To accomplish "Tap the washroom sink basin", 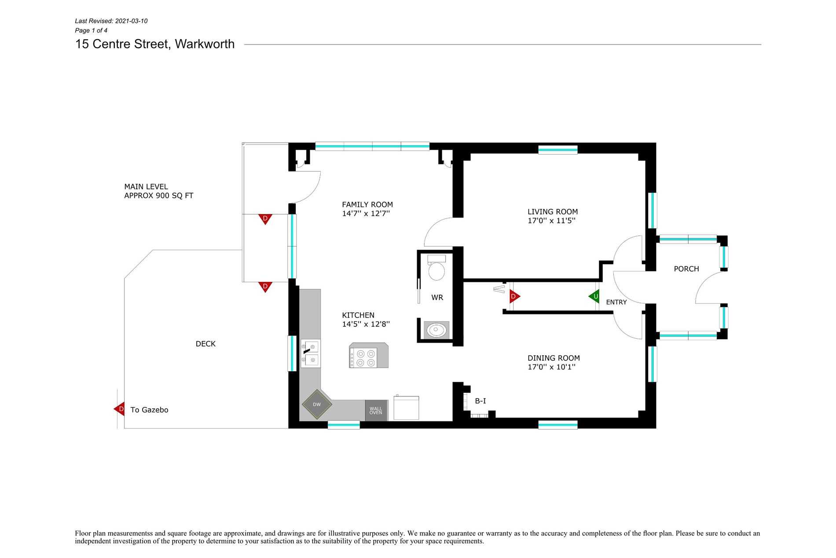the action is point(437,330).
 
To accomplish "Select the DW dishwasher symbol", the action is point(317,404).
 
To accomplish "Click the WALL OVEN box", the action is point(376,410).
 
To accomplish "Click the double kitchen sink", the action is point(310,354).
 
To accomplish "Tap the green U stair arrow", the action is point(594,296).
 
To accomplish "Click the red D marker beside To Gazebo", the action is point(119,409).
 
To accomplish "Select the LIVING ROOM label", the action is point(553,212).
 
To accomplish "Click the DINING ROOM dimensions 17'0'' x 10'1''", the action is point(552,367).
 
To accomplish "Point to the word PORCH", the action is point(686,269).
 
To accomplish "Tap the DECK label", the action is point(205,344).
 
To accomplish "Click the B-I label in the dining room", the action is point(480,401).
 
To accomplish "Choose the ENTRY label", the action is point(616,302).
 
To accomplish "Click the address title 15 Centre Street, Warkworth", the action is point(155,44).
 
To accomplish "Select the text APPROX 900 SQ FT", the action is point(159,196).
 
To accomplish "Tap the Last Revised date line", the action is point(111,21).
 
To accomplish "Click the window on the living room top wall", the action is point(558,150).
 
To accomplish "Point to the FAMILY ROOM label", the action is point(367,204).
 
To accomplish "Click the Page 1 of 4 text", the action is point(91,30).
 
